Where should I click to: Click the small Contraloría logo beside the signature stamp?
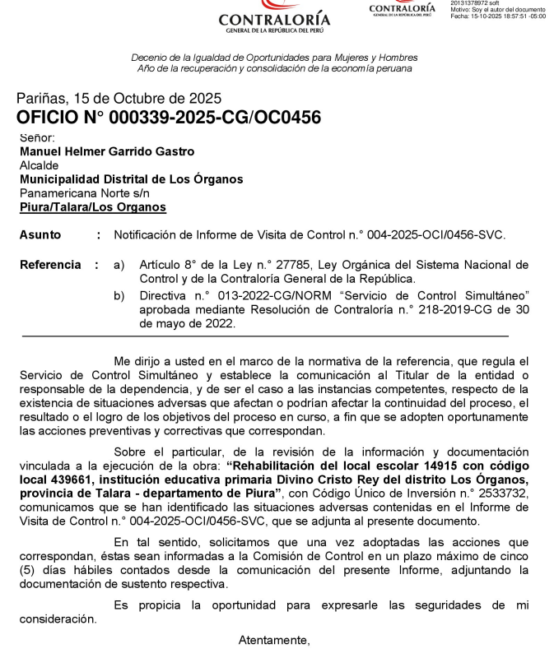tap(402, 8)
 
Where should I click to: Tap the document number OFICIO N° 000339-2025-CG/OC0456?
tap(168, 118)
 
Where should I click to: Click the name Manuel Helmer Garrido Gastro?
tap(107, 151)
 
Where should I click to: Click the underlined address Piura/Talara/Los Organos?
tap(92, 207)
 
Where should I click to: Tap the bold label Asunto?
tap(40, 235)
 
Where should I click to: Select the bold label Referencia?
tap(50, 265)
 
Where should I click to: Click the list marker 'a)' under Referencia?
tap(119, 265)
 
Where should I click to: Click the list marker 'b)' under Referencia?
tap(119, 294)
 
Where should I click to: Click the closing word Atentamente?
tap(273, 640)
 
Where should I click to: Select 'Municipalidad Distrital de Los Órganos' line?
tap(131, 179)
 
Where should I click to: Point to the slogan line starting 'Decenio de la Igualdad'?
tap(274, 58)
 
